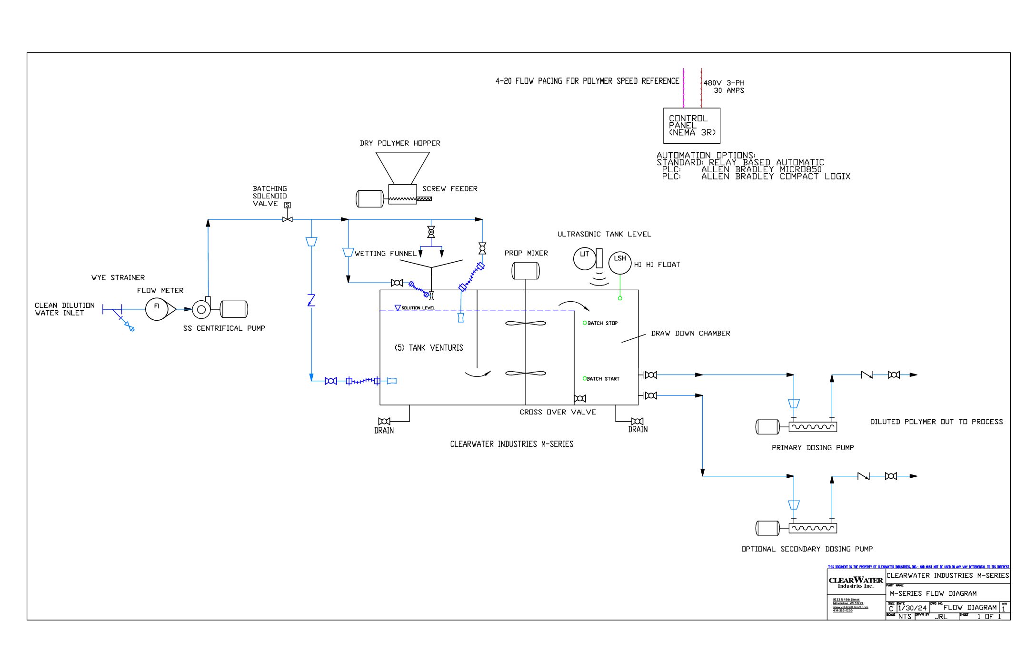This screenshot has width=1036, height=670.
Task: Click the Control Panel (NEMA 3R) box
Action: coord(691,126)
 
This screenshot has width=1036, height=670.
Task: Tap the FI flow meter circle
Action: coord(157,309)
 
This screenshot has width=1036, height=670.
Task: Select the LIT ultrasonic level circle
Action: coord(584,259)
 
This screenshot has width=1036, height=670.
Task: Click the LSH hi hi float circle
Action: coord(620,263)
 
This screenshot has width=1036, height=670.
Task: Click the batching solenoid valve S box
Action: coord(287,205)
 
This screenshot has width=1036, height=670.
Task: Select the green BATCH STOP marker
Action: coord(585,323)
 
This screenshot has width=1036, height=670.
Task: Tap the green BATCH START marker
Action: coord(585,379)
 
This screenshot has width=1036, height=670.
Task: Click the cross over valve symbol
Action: coord(580,399)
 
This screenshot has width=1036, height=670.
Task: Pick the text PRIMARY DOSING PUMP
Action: coord(812,448)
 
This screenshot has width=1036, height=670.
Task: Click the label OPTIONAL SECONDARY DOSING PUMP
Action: coord(807,549)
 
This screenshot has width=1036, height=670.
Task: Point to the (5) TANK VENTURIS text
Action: coord(428,348)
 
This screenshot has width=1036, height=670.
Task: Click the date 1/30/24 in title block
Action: coord(912,608)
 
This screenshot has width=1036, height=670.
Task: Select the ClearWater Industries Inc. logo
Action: coord(856,582)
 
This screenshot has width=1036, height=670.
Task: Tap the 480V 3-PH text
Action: coord(724,83)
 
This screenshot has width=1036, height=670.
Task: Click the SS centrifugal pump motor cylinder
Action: coord(234,309)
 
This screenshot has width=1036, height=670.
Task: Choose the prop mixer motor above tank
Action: coord(525,271)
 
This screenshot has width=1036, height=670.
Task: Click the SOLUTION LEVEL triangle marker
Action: coord(398,308)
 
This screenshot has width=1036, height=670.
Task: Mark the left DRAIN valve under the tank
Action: coord(384,422)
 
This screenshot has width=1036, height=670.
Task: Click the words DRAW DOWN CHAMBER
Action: coord(690,334)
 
